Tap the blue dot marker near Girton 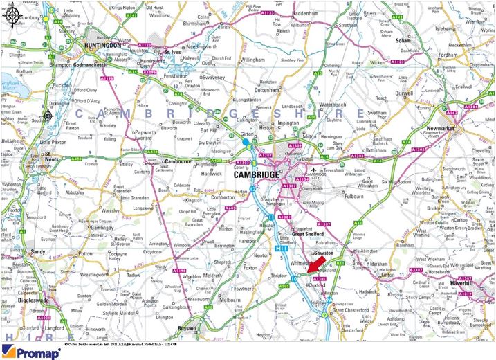[x=245, y=143]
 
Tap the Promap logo [x=26, y=351]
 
